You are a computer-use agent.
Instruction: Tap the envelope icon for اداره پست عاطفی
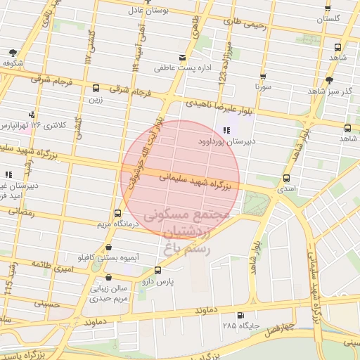tap(183, 58)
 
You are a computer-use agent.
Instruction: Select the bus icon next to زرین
tap(96, 88)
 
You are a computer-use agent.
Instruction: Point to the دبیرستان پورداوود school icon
tap(226, 131)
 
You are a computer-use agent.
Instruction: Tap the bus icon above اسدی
tap(286, 179)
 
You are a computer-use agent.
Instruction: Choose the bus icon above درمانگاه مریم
tap(117, 214)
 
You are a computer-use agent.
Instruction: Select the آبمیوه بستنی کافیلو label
tap(105, 258)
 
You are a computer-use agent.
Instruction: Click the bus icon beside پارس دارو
tap(156, 270)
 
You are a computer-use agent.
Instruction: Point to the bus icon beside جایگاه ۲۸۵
tap(242, 316)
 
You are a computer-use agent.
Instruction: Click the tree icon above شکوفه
tap(13, 53)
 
